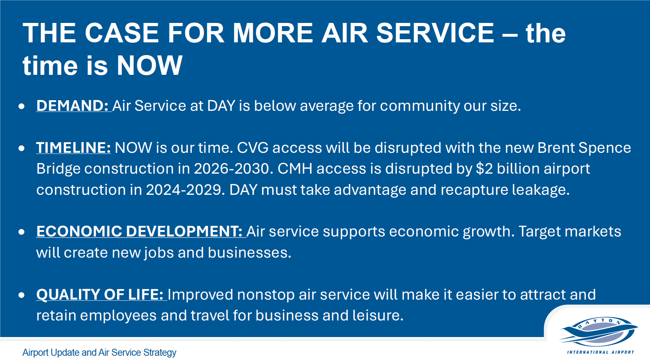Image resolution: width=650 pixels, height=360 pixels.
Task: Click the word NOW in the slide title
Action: click(150, 65)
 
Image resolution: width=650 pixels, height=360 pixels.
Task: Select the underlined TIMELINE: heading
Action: click(73, 148)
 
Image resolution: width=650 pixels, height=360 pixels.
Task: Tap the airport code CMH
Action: click(295, 168)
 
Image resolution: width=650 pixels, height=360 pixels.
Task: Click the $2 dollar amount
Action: click(485, 168)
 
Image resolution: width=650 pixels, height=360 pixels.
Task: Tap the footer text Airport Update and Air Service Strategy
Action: click(99, 352)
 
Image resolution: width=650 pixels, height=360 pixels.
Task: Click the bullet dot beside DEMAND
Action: click(22, 106)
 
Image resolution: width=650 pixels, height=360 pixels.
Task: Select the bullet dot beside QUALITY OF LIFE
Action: click(22, 295)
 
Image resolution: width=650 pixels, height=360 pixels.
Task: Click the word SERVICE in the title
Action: click(435, 33)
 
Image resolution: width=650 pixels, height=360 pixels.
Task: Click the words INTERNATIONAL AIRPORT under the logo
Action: click(601, 352)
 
